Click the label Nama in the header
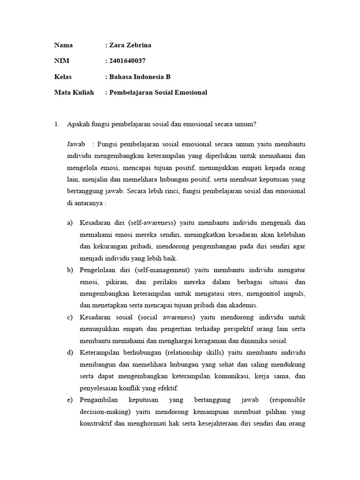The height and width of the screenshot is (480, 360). tap(63, 45)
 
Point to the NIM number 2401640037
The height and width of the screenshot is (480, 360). tap(127, 61)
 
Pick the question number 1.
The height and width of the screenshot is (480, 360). tap(57, 124)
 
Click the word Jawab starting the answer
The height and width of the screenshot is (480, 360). tap(76, 143)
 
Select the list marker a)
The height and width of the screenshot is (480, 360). tap(70, 222)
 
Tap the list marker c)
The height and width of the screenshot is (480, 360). tap(70, 317)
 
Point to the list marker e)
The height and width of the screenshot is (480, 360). tap(70, 400)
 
